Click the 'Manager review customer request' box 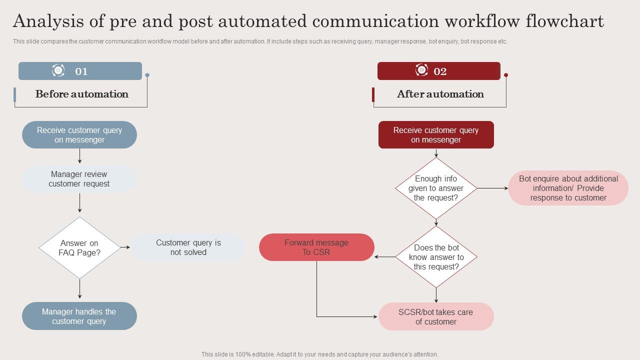tap(79, 179)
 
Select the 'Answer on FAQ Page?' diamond tap(79, 247)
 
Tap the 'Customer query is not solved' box tap(188, 247)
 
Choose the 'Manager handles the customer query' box tap(79, 316)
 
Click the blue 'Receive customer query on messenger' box tap(79, 135)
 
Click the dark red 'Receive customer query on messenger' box tap(436, 135)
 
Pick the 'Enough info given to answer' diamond tap(436, 188)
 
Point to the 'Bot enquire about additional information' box tap(568, 188)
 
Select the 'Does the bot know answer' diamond tap(436, 257)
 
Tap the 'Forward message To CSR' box tap(316, 247)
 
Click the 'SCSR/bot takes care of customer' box tap(436, 316)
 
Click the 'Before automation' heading tap(82, 94)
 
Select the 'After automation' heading tap(440, 94)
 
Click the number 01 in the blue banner tap(81, 71)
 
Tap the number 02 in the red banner tap(440, 71)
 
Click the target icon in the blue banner tap(58, 70)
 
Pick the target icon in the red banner tap(421, 70)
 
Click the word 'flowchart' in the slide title tap(564, 21)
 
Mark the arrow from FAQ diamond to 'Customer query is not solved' tap(125, 247)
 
